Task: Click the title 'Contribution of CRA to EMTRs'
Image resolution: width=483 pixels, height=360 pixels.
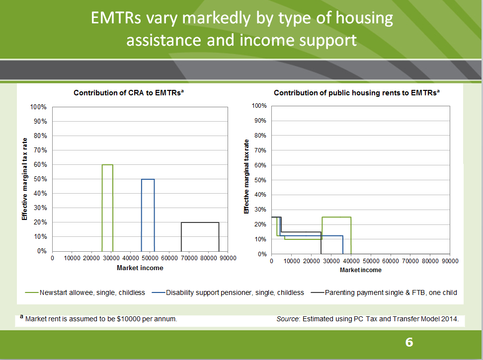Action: click(128, 93)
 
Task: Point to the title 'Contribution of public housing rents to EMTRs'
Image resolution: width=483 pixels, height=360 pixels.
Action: click(355, 93)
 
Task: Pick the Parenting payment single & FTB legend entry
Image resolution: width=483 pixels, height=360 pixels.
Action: click(391, 292)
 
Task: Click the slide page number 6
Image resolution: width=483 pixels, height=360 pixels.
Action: click(409, 342)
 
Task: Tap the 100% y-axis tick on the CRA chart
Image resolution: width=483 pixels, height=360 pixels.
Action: click(39, 107)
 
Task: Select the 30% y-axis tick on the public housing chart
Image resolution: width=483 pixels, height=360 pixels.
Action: click(260, 210)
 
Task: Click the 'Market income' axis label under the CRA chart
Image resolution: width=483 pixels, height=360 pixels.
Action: click(140, 268)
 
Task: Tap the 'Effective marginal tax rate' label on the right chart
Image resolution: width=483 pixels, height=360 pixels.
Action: click(246, 176)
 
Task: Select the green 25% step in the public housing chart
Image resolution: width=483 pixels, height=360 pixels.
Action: click(336, 217)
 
